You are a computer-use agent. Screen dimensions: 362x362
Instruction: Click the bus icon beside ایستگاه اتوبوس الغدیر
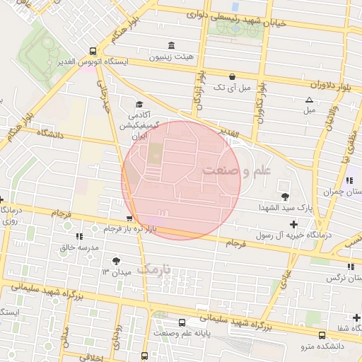93,51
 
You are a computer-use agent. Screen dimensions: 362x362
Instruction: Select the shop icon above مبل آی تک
233,76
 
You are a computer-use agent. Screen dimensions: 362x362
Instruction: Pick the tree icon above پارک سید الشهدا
285,196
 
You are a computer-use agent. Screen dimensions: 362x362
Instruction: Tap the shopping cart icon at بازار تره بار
128,218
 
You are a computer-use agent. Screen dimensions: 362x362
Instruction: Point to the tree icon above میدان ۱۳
116,261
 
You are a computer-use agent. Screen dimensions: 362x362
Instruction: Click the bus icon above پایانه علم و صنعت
183,321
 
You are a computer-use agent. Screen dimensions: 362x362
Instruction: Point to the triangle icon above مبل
309,100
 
